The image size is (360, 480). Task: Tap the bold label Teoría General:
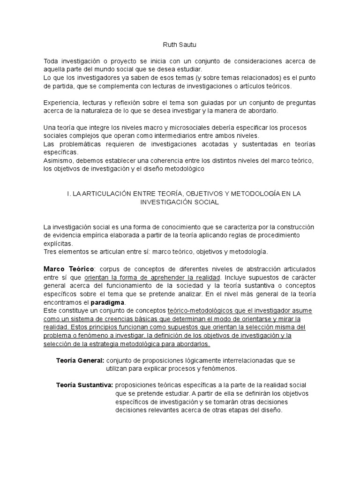80,360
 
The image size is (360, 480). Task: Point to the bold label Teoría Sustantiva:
84,385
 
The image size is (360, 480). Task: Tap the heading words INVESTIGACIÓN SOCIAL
179,202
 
